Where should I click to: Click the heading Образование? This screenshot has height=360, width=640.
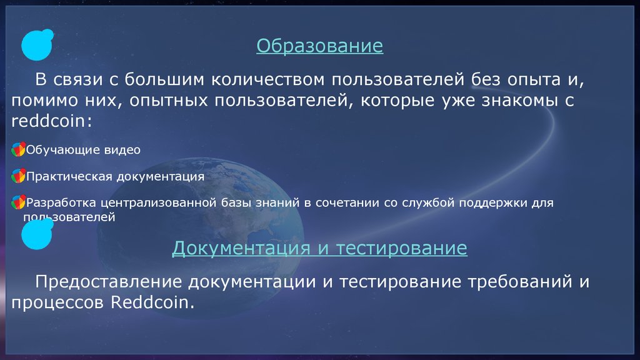pos(319,46)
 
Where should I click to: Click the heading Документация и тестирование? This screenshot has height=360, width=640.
pos(319,248)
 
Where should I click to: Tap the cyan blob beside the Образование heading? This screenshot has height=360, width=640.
pos(37,45)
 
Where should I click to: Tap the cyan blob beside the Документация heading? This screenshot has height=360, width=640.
pos(37,234)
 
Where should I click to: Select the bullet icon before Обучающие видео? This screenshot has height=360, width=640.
pos(18,149)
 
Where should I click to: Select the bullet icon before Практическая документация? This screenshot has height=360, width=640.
pos(18,176)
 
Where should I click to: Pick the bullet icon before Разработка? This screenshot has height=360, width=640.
pos(18,202)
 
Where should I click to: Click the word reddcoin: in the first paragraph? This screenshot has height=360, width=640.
pos(52,121)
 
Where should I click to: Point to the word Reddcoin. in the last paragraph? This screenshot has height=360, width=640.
pos(152,302)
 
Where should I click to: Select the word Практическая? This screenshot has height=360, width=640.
pos(69,176)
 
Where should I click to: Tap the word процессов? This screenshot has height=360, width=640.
pos(57,303)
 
